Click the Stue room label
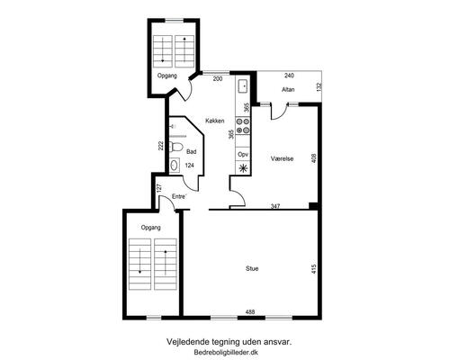(252, 268)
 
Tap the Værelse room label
(282, 158)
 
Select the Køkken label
(215, 121)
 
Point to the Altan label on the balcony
(288, 89)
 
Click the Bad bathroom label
(192, 152)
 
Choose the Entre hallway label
(179, 196)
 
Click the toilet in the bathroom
(176, 147)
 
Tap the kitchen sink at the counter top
(243, 86)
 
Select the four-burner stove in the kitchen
(243, 126)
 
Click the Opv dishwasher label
(243, 155)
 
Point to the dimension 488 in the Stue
(250, 312)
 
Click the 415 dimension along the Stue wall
(314, 268)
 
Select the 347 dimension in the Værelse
(275, 206)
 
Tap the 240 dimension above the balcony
(289, 76)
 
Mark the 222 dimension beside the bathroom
(161, 146)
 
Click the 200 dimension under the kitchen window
(218, 79)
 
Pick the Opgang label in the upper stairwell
(167, 76)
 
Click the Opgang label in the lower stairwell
(151, 228)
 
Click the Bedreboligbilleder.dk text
(226, 353)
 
